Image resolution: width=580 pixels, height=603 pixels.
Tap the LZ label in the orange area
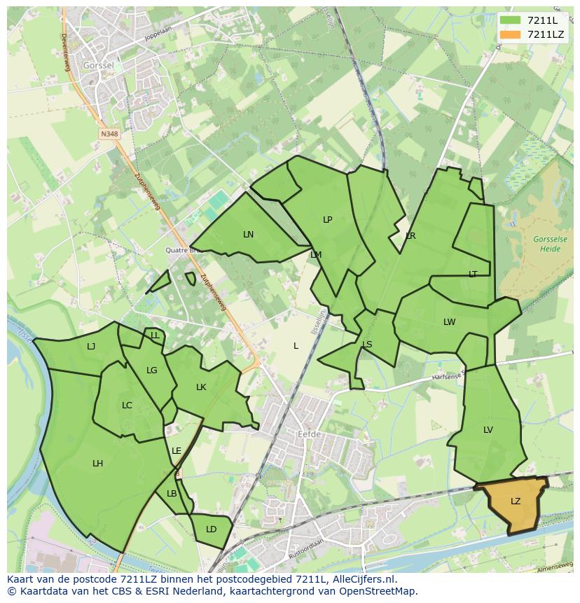tap(516, 501)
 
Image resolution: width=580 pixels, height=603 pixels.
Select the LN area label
tap(248, 235)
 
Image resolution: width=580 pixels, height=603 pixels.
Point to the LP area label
tap(327, 220)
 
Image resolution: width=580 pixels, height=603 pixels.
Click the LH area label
tap(97, 464)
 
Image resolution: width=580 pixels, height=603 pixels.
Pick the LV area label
tap(488, 430)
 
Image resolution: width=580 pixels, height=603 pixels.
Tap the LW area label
tap(449, 322)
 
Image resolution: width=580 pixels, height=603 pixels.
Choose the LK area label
tap(201, 387)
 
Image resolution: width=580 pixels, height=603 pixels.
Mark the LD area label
tap(211, 529)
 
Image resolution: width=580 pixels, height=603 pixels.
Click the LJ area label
tap(91, 346)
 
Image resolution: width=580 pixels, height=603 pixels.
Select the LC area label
tap(127, 406)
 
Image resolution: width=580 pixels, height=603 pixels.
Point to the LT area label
tap(473, 275)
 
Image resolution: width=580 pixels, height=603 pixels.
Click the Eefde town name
tap(309, 434)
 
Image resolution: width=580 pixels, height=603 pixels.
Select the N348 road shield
tap(109, 133)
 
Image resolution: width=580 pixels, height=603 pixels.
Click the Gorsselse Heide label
tap(550, 244)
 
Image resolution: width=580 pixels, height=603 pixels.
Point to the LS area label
tap(367, 345)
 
